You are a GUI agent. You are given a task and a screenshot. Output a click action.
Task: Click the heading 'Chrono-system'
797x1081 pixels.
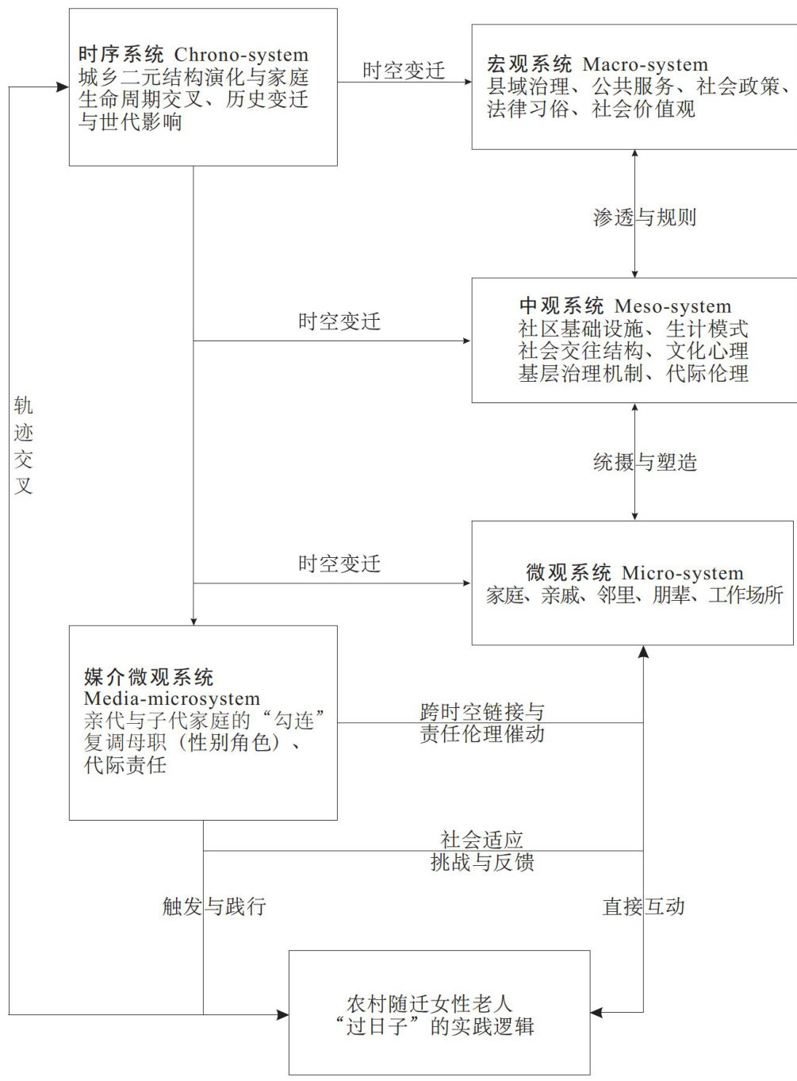pos(241,55)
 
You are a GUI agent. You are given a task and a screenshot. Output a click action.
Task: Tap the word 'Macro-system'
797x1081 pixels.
pos(645,64)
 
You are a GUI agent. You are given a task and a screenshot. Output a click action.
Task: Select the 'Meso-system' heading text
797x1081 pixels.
pos(672,306)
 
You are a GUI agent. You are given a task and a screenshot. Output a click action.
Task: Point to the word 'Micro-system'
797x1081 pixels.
pos(682,573)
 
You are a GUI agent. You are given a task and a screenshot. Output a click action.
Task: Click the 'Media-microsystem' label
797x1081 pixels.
pos(172,699)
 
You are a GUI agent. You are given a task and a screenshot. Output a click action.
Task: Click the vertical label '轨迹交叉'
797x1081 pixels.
pos(24,445)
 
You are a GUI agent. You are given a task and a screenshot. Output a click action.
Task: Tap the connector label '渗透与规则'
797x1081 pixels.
pos(644,217)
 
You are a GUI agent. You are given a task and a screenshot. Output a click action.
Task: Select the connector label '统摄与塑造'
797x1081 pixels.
pos(645,462)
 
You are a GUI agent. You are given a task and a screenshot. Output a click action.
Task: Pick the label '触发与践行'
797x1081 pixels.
pos(214,906)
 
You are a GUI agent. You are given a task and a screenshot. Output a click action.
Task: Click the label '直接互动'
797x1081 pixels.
pos(643,906)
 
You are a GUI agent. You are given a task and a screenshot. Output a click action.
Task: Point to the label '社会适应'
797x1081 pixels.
pos(481,839)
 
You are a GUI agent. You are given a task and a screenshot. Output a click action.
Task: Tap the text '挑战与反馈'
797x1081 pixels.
pos(481,862)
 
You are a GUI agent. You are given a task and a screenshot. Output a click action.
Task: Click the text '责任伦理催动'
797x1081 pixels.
pos(481,733)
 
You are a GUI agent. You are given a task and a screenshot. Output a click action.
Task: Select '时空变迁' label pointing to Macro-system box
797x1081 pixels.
pos(404,71)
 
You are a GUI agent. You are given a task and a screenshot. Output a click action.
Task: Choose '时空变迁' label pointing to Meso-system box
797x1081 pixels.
pos(339,321)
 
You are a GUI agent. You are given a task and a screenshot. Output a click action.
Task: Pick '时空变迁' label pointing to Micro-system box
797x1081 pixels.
pos(339,564)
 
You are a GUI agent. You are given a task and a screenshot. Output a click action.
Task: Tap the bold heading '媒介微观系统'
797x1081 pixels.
pos(149,677)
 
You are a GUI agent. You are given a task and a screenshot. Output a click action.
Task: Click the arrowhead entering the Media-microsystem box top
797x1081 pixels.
pos(194,620)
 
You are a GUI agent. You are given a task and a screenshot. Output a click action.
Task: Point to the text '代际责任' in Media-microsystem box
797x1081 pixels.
pos(125,765)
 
